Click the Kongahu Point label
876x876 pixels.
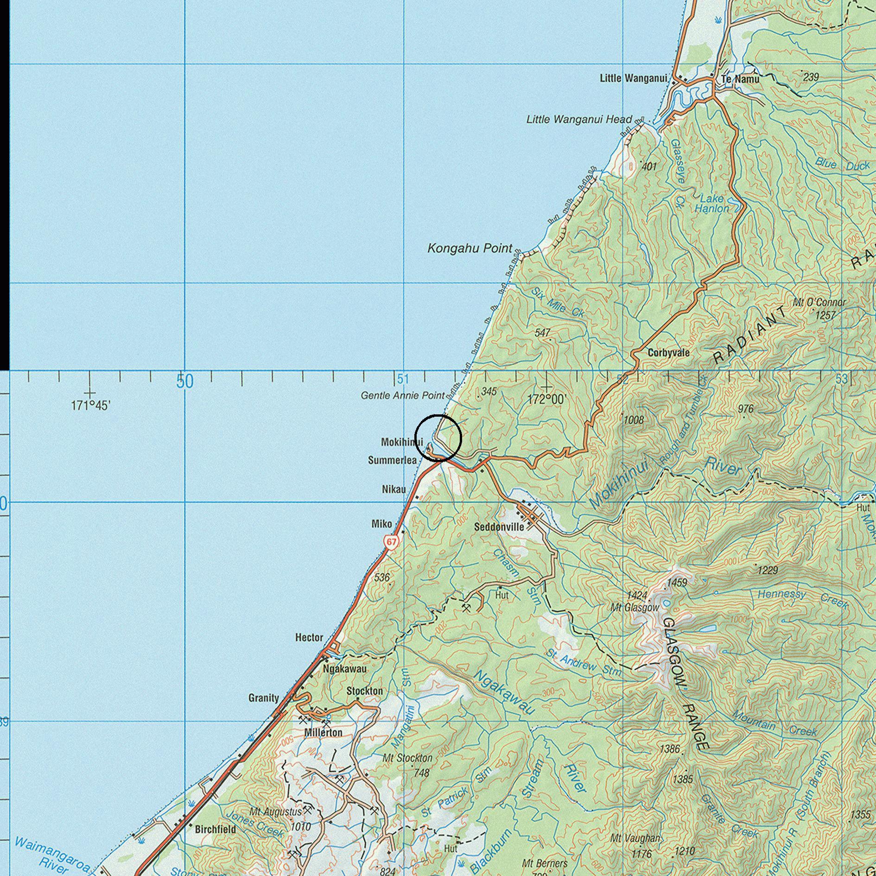pos(470,248)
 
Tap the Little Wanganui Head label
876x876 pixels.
pos(579,120)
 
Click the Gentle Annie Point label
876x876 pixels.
pos(402,395)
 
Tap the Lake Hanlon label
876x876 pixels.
pos(711,203)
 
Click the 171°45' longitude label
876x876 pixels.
pos(90,406)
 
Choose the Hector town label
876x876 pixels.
pos(309,638)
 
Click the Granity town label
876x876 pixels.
pos(264,698)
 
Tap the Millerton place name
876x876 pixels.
pos(323,733)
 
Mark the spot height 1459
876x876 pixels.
pos(677,582)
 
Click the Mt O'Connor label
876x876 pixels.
pos(819,303)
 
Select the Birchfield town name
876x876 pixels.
pos(215,829)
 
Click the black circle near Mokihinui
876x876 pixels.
pos(438,438)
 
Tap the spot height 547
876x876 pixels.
pos(542,333)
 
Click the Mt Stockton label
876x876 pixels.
pos(407,759)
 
